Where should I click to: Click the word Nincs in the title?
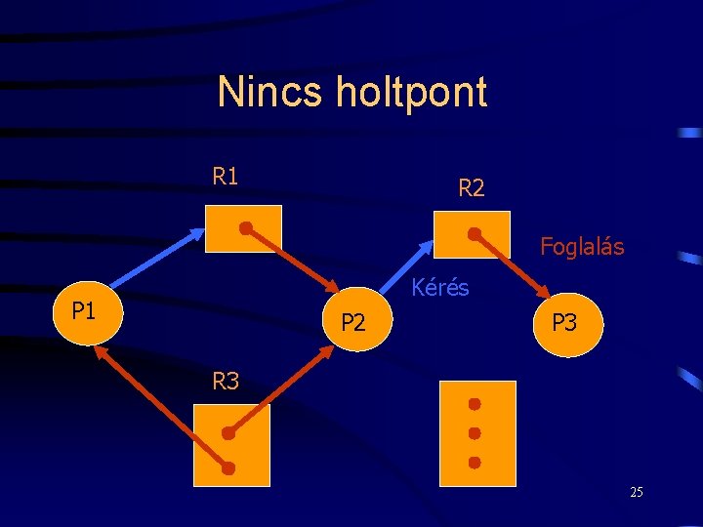pyautogui.click(x=270, y=93)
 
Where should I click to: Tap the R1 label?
pyautogui.click(x=226, y=177)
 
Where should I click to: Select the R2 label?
pyautogui.click(x=471, y=188)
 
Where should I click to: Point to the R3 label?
pyautogui.click(x=226, y=382)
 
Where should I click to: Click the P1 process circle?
pyautogui.click(x=86, y=313)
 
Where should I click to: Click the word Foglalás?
pyautogui.click(x=582, y=247)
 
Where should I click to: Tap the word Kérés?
pyautogui.click(x=440, y=288)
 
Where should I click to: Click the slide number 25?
pyautogui.click(x=637, y=492)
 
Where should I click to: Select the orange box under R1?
pyautogui.click(x=243, y=229)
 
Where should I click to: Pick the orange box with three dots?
pyautogui.click(x=476, y=431)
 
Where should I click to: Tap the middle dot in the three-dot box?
pyautogui.click(x=475, y=432)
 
